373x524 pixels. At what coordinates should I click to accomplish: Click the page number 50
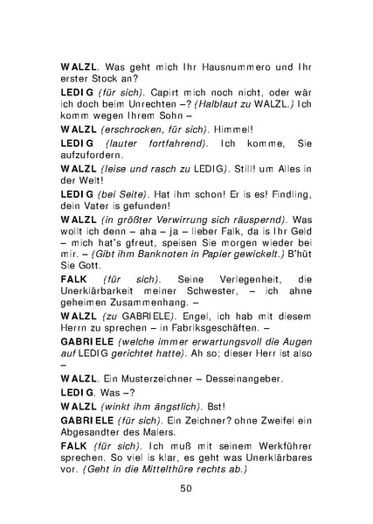pyautogui.click(x=185, y=487)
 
